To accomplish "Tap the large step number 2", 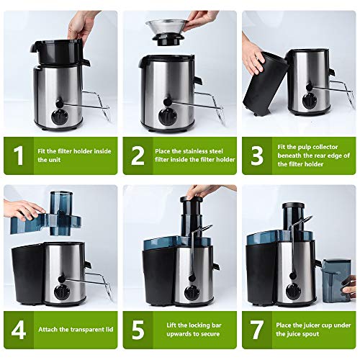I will (137, 156).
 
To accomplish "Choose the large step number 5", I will (137, 330).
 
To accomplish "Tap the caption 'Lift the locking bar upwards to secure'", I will (191, 330).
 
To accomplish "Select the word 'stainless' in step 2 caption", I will (191, 150).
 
